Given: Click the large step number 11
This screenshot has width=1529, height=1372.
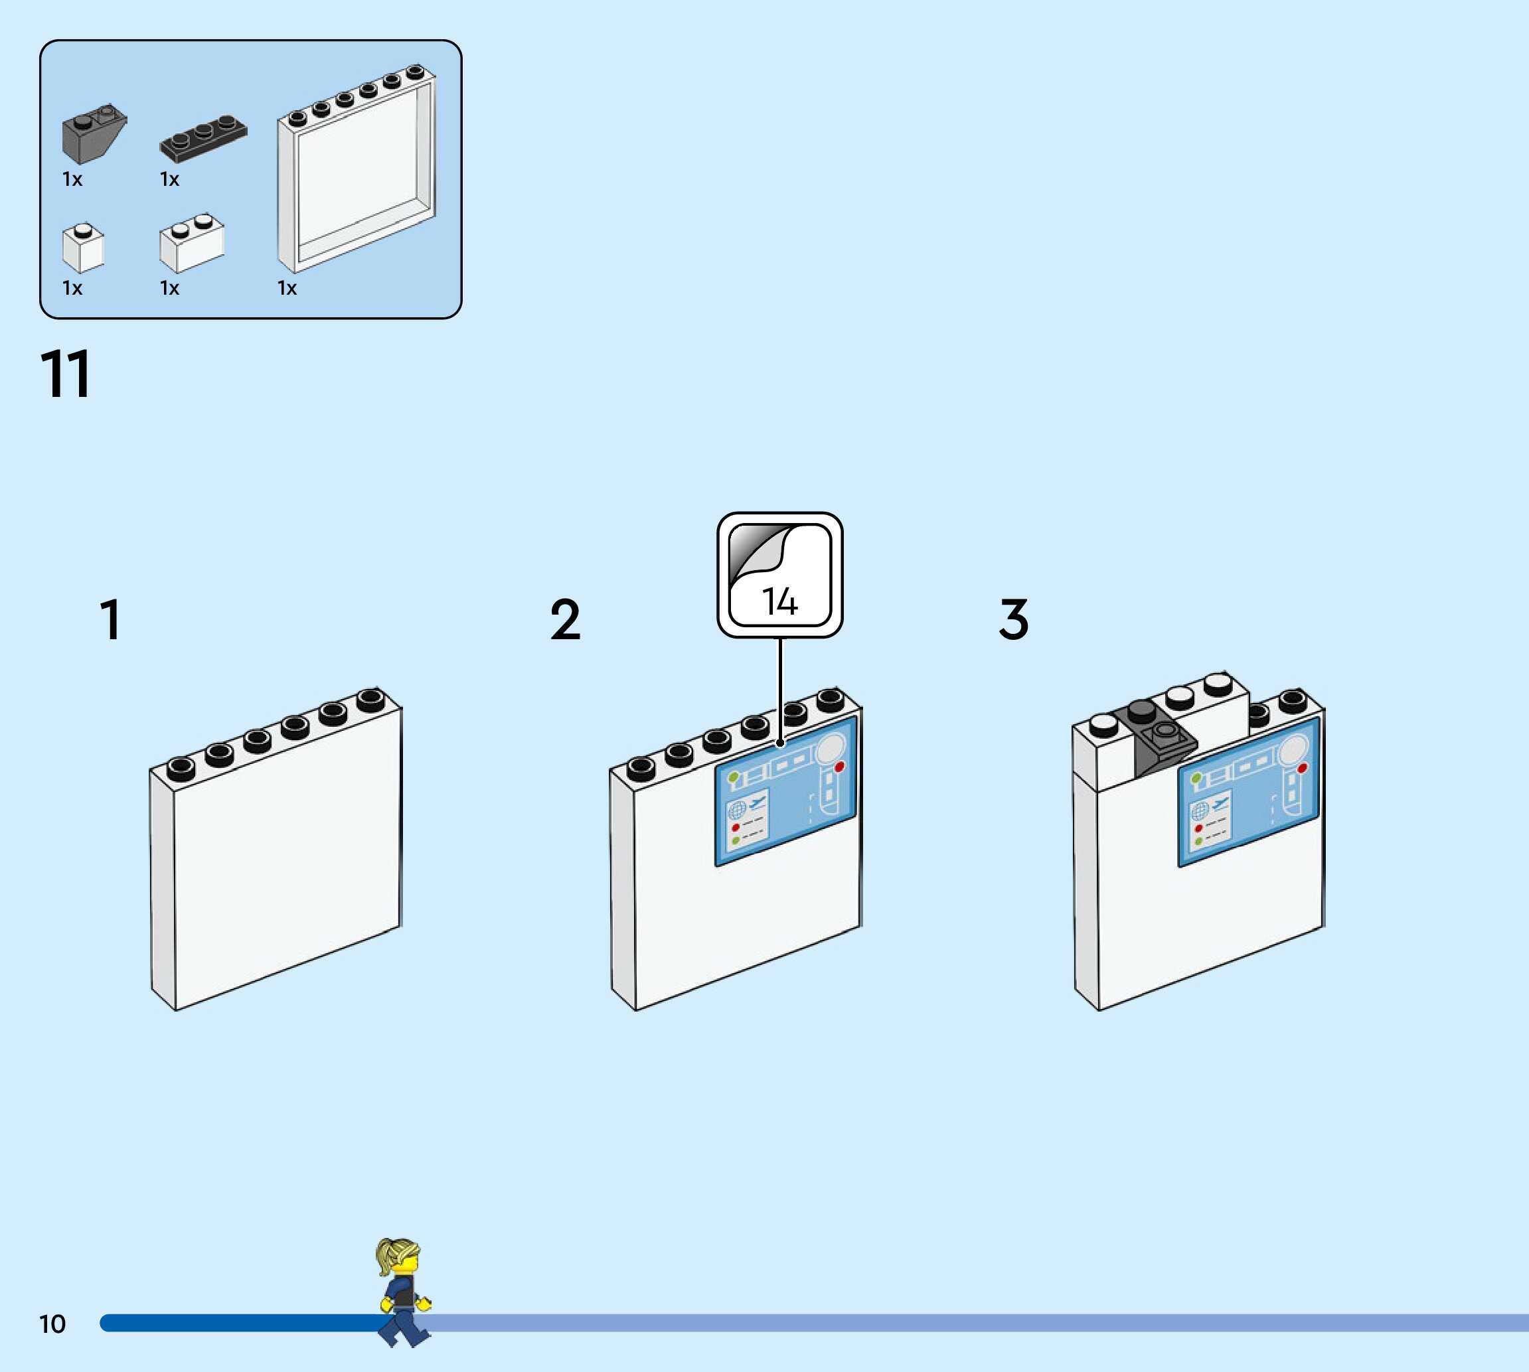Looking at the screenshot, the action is pyautogui.click(x=66, y=374).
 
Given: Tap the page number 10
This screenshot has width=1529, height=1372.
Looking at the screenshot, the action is pyautogui.click(x=52, y=1324).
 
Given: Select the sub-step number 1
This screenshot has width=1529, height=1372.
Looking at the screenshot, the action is pyautogui.click(x=111, y=620).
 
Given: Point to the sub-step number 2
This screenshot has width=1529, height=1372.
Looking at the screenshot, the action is pyautogui.click(x=566, y=620).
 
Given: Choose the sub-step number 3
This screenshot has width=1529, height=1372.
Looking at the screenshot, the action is pyautogui.click(x=1013, y=620).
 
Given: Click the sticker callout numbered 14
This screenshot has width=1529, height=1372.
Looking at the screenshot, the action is pyautogui.click(x=779, y=575).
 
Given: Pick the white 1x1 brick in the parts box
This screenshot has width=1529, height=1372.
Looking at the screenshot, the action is pyautogui.click(x=82, y=248).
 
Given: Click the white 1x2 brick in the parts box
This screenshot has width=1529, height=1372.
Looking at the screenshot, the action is pyautogui.click(x=191, y=244).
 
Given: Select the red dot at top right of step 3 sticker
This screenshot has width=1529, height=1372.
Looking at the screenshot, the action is pyautogui.click(x=1302, y=767).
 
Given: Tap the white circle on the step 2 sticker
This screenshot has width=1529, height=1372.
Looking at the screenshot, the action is pyautogui.click(x=830, y=749).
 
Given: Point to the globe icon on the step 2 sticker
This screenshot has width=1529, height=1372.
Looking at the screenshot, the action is pyautogui.click(x=736, y=810).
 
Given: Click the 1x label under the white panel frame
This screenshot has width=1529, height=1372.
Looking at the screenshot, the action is pyautogui.click(x=287, y=288).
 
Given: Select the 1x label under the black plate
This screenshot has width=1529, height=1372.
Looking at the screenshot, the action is pyautogui.click(x=170, y=179).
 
